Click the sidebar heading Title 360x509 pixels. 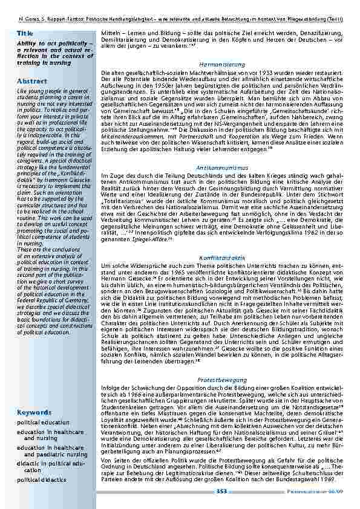point(25,33)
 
